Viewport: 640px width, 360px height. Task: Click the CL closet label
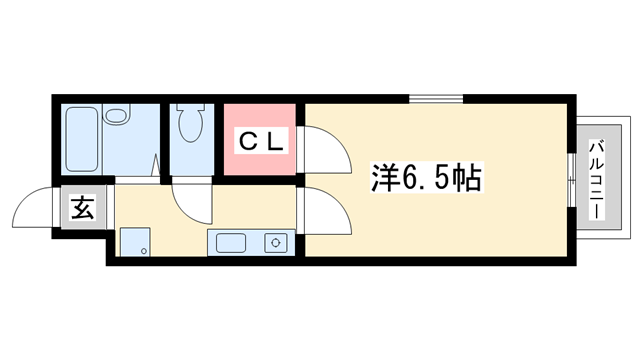[x=261, y=142]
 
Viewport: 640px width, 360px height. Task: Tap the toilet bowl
[x=189, y=127]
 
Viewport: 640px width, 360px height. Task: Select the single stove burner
[x=274, y=241]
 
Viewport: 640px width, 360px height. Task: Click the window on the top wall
[x=435, y=98]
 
